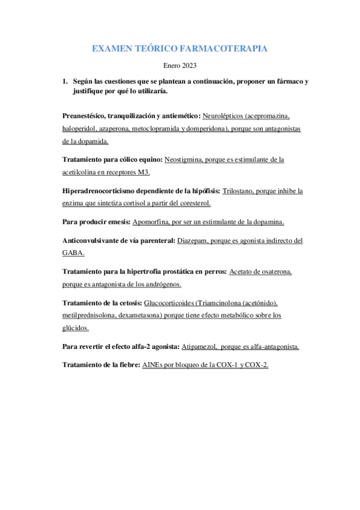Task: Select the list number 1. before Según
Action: (x=66, y=81)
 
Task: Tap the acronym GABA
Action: (x=73, y=253)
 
